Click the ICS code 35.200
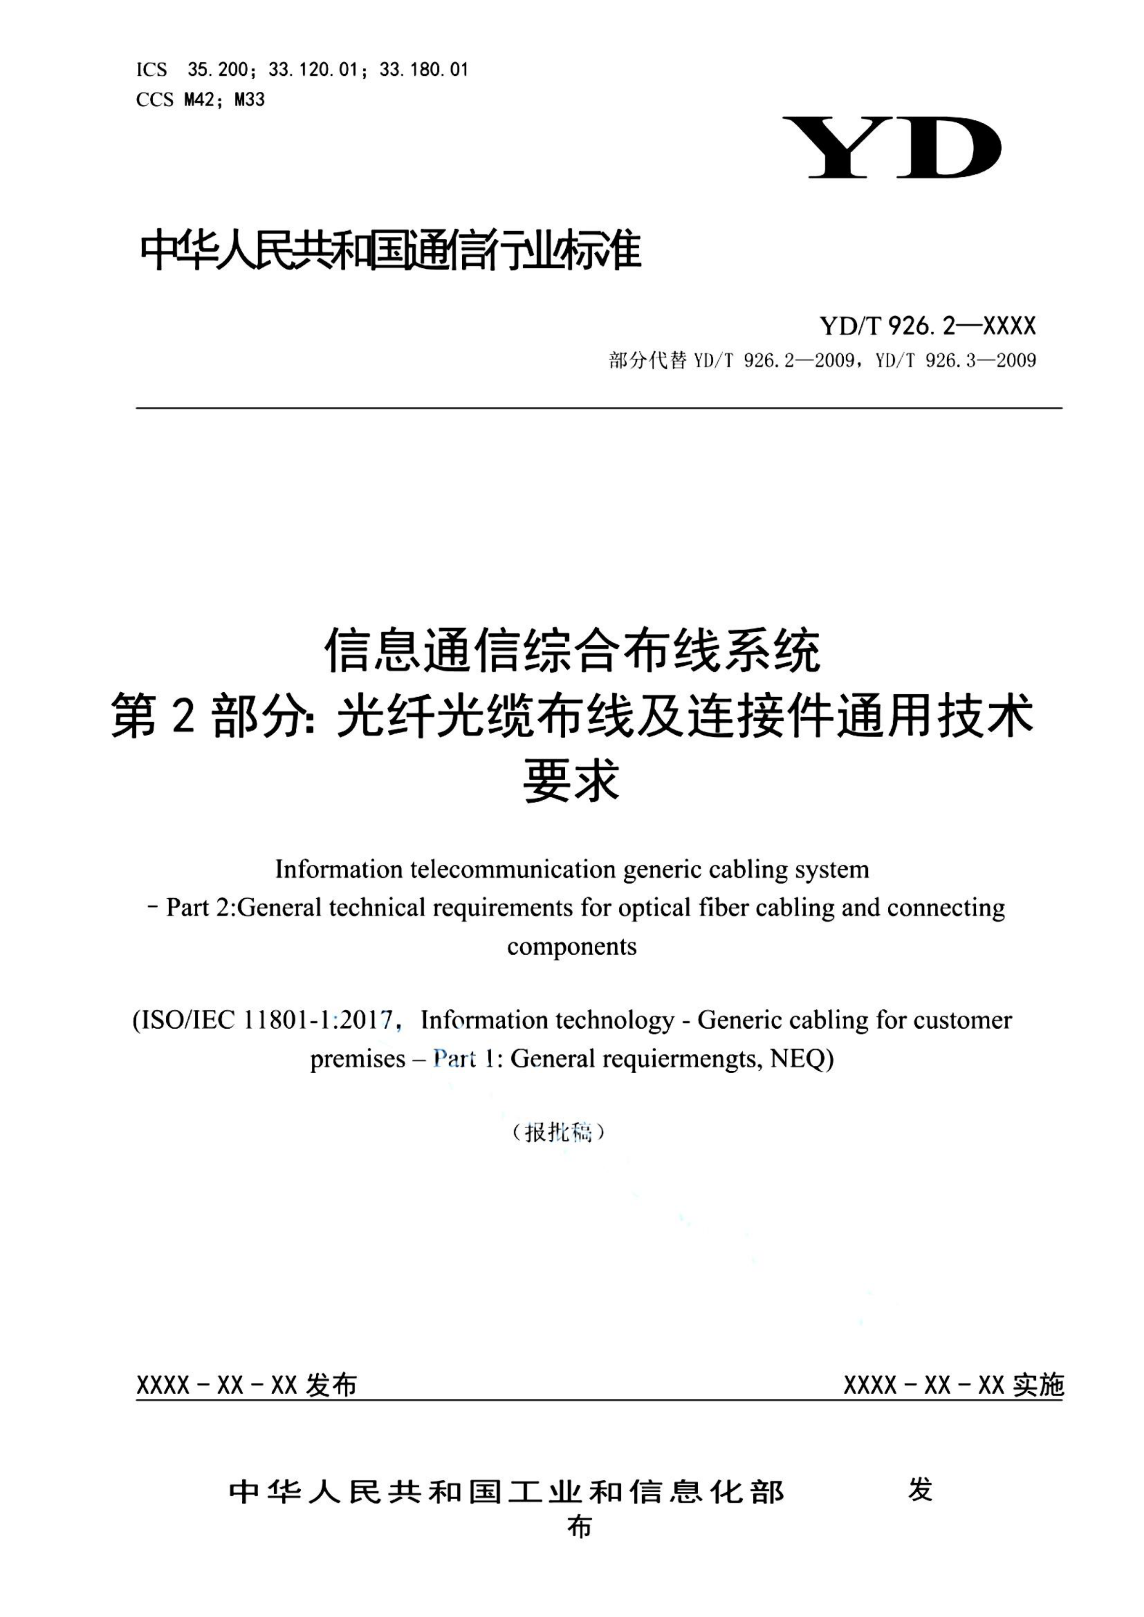point(218,70)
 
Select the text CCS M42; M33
point(200,100)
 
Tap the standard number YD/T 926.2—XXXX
point(927,326)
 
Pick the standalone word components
point(572,946)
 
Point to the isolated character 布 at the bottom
point(579,1527)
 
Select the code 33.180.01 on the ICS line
point(424,70)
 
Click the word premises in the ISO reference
point(357,1059)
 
